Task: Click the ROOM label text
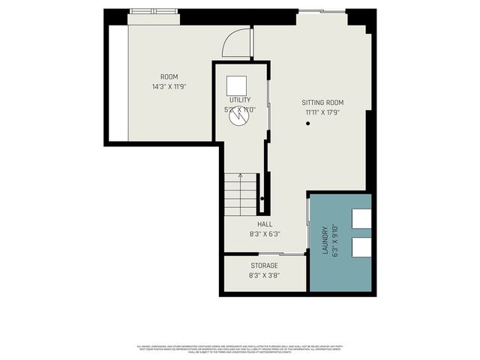(x=169, y=77)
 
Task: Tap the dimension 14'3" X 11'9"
(x=169, y=86)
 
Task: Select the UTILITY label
(x=240, y=100)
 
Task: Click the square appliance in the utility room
(x=238, y=84)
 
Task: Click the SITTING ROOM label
(x=322, y=103)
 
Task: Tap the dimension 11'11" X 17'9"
(x=322, y=112)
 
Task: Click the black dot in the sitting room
(x=307, y=123)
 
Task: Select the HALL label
(x=265, y=224)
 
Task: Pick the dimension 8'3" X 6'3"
(x=265, y=234)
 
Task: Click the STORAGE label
(x=264, y=265)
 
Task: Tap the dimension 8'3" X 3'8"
(x=264, y=275)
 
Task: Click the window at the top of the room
(x=153, y=11)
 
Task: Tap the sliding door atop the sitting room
(x=322, y=11)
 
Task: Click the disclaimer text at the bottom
(x=240, y=348)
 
